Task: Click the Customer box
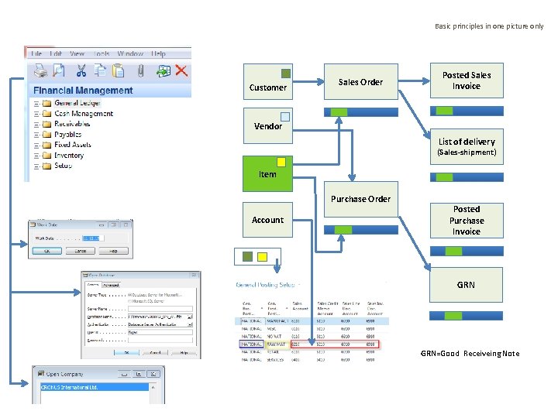coord(268,81)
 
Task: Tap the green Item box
coord(267,173)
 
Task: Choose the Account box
coord(267,220)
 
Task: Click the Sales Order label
coord(360,82)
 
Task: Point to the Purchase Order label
coord(360,199)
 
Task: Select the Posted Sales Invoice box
coord(467,81)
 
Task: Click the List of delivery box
coord(467,146)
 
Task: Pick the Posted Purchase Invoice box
coord(467,220)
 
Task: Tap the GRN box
coord(467,285)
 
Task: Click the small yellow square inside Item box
coord(281,163)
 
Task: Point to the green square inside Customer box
coord(285,74)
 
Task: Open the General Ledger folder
coord(77,103)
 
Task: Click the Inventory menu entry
coord(69,156)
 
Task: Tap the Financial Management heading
coord(83,90)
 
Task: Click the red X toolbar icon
coord(181,70)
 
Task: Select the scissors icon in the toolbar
coord(81,70)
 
